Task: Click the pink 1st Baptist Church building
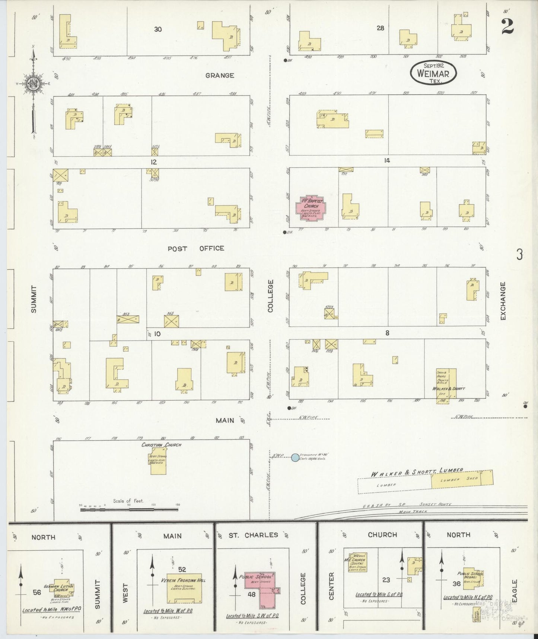[311, 208]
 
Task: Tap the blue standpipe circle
[295, 457]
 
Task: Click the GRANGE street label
[220, 75]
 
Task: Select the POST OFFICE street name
[196, 248]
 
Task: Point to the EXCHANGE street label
[503, 301]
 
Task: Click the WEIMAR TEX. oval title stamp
[433, 73]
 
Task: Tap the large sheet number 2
[507, 26]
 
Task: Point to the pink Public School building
[261, 590]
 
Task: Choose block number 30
[158, 29]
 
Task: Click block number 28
[380, 28]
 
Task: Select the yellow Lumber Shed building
[462, 480]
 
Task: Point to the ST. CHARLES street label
[253, 535]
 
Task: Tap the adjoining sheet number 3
[519, 255]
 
